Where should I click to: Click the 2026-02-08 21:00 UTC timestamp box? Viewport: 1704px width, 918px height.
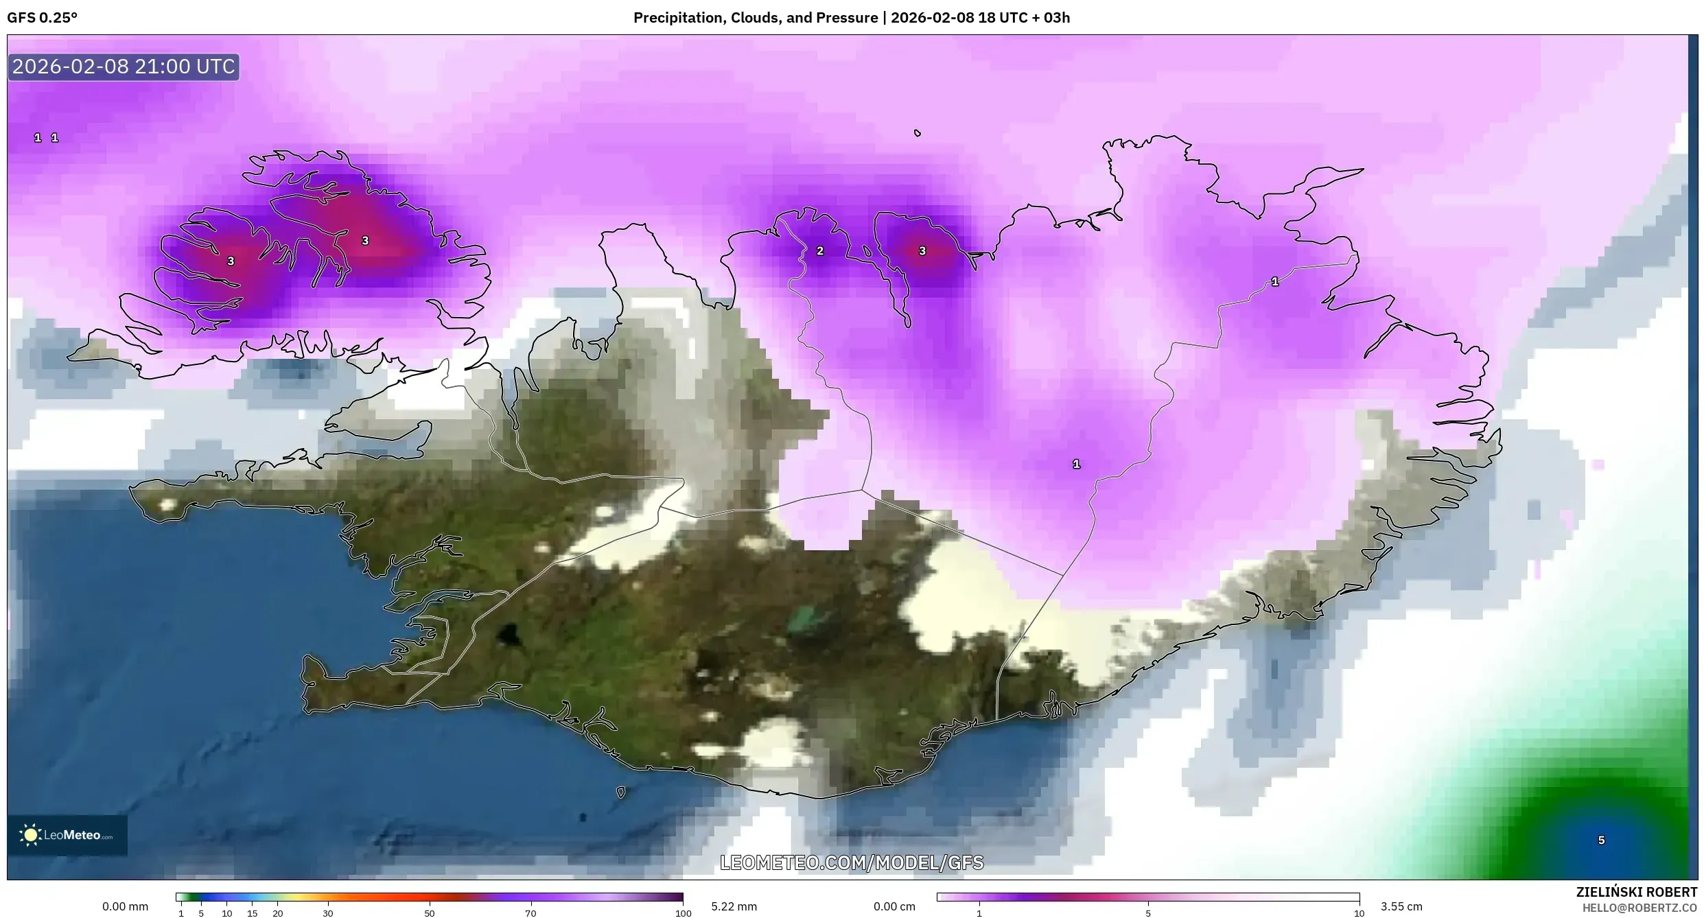click(124, 67)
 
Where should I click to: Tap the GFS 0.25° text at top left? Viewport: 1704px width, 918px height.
click(42, 18)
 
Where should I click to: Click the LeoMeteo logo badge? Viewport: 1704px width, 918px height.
click(67, 835)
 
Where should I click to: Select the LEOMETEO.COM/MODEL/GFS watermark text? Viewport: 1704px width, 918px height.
click(852, 862)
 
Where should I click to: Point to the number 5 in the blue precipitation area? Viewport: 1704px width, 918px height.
click(1601, 840)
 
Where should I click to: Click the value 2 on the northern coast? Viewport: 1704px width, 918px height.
click(819, 251)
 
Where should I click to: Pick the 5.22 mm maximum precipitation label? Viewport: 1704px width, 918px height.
click(734, 906)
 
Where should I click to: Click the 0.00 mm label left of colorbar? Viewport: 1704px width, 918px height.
click(125, 906)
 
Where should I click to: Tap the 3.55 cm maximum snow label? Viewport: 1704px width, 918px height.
click(1401, 906)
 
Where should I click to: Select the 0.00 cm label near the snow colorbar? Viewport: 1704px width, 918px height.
click(894, 906)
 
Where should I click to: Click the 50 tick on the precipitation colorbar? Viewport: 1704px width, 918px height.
click(429, 913)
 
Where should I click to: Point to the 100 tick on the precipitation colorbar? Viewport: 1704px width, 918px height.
click(683, 913)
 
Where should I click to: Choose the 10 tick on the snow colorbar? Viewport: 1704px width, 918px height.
click(1358, 913)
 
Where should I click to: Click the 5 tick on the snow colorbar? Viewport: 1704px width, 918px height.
click(1148, 913)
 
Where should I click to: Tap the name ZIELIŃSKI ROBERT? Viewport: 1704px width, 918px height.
click(1636, 892)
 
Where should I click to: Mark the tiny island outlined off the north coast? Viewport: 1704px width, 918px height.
click(918, 133)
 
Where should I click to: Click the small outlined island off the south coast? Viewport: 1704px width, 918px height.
click(621, 792)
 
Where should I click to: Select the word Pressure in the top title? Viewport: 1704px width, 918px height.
click(851, 18)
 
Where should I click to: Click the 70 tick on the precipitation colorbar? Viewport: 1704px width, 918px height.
click(530, 913)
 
